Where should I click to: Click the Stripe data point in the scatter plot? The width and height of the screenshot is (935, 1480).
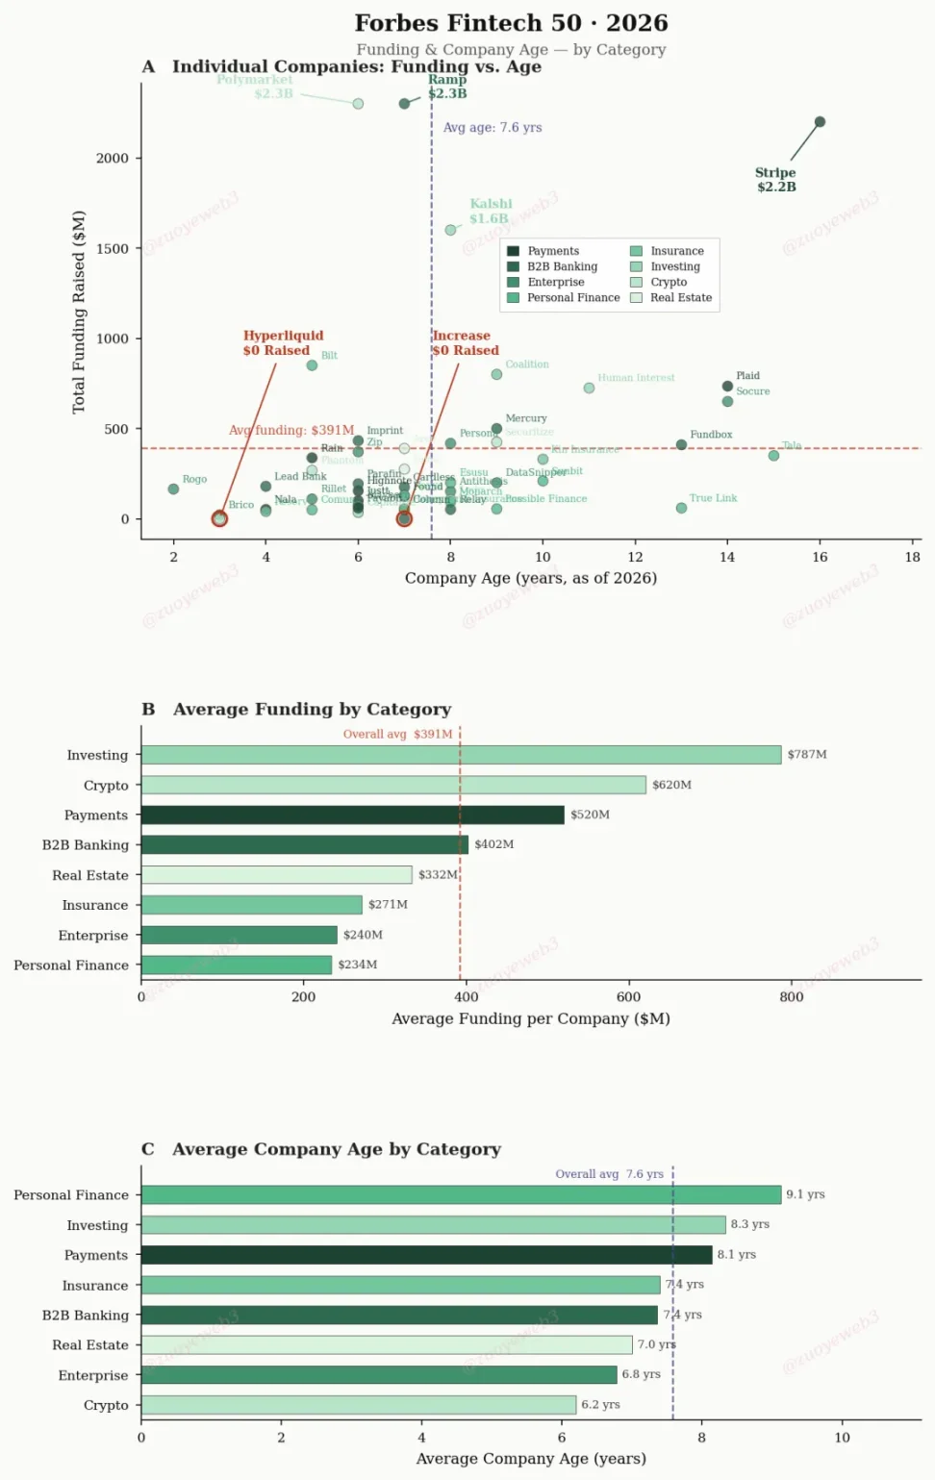820,122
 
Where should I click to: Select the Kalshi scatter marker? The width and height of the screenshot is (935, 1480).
450,230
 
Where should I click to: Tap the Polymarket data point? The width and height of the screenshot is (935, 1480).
358,104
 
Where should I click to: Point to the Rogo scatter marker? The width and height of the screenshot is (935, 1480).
173,489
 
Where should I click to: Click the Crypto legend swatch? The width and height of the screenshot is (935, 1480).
636,283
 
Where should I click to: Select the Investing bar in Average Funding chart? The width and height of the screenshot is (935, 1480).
461,755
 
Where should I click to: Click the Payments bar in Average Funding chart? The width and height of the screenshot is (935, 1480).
352,815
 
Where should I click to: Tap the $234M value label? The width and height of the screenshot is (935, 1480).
357,965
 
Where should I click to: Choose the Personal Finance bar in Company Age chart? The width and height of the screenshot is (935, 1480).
461,1194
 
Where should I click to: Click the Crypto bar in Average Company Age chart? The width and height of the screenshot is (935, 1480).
358,1405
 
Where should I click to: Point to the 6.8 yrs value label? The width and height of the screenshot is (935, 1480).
641,1374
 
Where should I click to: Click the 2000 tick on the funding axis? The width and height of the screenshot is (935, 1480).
112,158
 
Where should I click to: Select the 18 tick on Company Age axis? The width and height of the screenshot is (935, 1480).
912,557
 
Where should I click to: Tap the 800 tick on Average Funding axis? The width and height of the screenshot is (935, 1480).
791,997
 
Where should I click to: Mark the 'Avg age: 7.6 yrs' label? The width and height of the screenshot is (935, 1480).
492,127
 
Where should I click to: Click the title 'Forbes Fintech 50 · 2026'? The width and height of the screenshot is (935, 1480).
511,23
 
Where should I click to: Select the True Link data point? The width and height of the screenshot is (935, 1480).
681,508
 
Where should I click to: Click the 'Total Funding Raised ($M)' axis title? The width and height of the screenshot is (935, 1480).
79,312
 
